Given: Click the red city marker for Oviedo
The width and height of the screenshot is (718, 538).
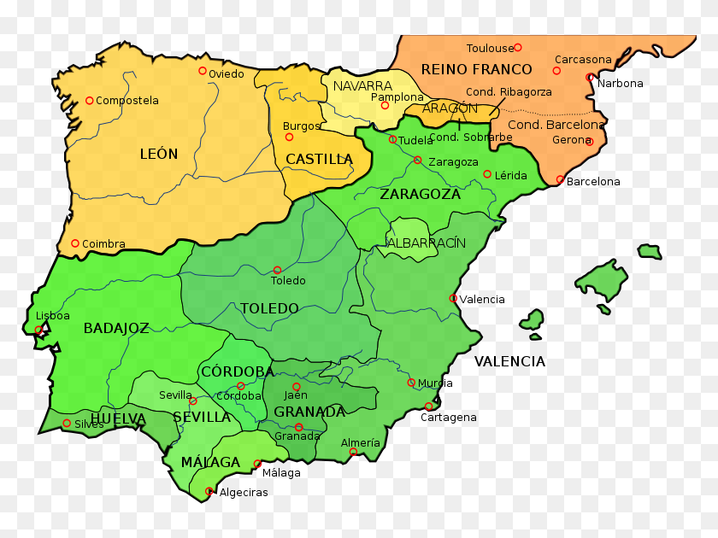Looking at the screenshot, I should [x=203, y=71].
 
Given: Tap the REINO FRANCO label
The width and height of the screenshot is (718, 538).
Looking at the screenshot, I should [x=476, y=69].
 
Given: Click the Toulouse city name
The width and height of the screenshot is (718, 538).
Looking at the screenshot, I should [x=490, y=49].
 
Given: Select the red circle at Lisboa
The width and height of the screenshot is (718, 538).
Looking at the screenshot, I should [x=38, y=330].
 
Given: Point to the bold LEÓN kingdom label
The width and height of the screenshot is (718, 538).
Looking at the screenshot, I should [x=159, y=155].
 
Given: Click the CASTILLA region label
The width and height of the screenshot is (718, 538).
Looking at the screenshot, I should [x=319, y=159].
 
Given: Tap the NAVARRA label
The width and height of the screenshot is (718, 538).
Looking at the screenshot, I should [x=362, y=86].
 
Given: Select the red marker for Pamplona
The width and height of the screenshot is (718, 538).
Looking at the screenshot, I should [x=385, y=105].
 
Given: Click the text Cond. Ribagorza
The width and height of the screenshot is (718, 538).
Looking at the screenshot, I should [x=509, y=92].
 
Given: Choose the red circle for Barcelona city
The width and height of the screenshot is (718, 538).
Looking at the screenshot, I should [x=560, y=179].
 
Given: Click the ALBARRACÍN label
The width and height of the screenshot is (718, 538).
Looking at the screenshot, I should [x=427, y=243].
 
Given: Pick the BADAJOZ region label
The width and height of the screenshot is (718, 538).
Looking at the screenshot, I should [x=116, y=328].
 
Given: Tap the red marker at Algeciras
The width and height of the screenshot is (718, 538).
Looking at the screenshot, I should [x=209, y=491].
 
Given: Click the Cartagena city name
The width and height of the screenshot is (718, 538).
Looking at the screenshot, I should [x=448, y=418].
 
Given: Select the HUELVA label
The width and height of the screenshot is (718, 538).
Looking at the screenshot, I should [x=118, y=418].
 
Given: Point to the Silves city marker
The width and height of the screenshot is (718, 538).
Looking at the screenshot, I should [x=67, y=423].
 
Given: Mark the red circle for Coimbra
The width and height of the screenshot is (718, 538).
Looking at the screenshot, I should [x=75, y=243].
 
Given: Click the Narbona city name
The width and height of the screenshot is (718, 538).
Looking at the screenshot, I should [x=620, y=84].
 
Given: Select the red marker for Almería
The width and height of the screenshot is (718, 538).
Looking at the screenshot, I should [x=353, y=452].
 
